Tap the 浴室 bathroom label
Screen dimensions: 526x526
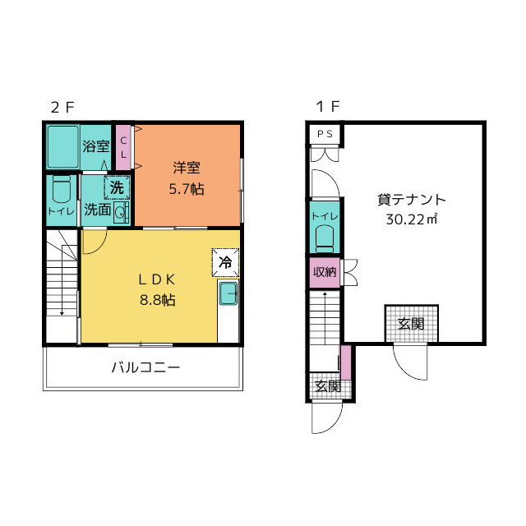pos(96,147)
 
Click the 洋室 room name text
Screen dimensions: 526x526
pos(187,168)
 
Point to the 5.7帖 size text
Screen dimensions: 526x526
pos(187,188)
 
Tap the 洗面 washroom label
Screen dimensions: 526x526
pos(97,210)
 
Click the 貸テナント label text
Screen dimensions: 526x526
pos(411,199)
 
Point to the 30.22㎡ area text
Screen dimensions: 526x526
pos(411,219)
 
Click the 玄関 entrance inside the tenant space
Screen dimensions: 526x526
pos(411,323)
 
